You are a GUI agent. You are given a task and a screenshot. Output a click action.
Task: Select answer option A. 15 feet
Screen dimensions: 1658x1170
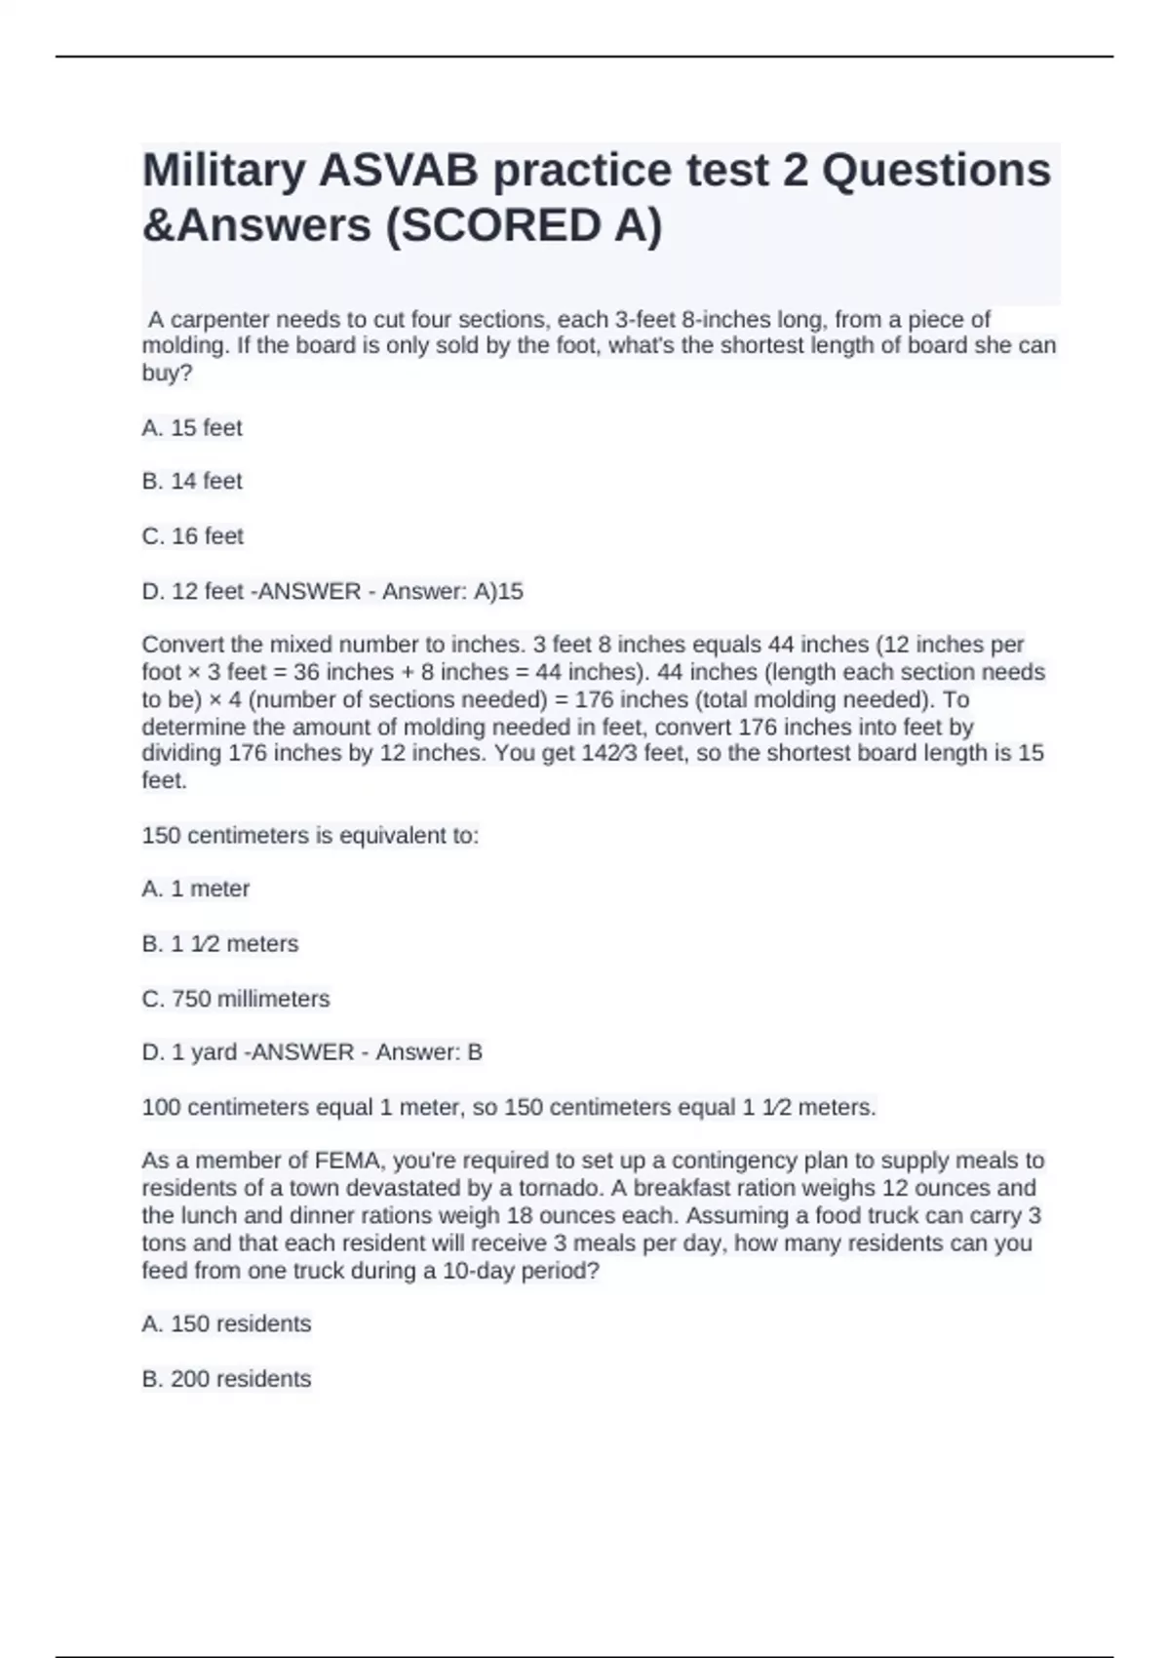coord(192,427)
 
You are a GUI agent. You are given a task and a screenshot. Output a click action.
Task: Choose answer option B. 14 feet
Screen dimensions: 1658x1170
coord(192,481)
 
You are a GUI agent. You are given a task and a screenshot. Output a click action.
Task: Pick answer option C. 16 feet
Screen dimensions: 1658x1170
coord(192,535)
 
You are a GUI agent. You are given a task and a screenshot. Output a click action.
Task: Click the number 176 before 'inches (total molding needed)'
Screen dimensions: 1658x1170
coord(594,699)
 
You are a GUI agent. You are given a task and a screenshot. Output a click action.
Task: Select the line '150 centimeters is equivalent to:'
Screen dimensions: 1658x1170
coord(310,836)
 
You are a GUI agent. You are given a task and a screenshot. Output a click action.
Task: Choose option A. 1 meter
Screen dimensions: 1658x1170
coord(196,888)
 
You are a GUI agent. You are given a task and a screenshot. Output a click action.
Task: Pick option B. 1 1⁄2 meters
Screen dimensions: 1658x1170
coord(220,943)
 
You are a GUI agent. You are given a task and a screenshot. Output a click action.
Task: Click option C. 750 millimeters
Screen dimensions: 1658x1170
coord(236,999)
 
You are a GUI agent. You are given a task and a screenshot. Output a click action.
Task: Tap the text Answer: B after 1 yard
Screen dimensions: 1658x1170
coord(429,1052)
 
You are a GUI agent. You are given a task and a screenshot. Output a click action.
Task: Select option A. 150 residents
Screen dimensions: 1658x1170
coord(226,1323)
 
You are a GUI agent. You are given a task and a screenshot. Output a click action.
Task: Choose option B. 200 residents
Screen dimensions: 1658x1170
coord(226,1378)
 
